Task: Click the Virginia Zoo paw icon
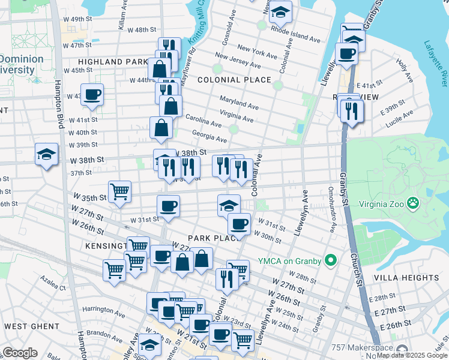click(x=413, y=203)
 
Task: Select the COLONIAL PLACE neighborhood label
click(x=234, y=80)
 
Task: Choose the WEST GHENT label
click(x=31, y=326)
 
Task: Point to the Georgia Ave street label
click(x=209, y=137)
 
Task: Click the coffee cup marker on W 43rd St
click(x=92, y=95)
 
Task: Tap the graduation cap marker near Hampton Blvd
click(x=46, y=155)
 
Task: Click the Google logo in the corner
click(x=20, y=353)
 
